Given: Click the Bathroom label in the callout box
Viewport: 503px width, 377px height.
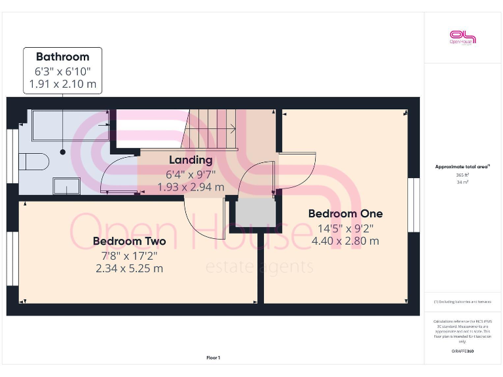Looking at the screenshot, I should [x=63, y=57].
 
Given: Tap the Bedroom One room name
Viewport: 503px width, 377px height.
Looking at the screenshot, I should [x=345, y=214].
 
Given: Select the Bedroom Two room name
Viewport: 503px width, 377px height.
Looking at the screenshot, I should [x=129, y=242].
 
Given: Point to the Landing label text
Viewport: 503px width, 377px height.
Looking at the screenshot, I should [x=191, y=160].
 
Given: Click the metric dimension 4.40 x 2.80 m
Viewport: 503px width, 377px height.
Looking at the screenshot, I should [x=345, y=241].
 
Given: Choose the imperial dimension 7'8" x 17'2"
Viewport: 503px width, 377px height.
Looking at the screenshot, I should [x=129, y=255].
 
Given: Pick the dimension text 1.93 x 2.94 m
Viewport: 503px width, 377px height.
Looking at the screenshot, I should [x=191, y=187].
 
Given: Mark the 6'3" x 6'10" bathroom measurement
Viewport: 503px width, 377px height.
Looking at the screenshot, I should [x=63, y=71].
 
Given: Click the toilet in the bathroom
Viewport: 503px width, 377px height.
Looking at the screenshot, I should [x=32, y=161].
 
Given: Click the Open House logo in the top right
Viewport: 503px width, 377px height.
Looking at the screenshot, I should [x=462, y=37].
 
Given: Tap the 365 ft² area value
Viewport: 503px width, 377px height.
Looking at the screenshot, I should [x=462, y=175].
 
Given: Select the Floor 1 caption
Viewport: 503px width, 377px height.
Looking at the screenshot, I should [x=214, y=357].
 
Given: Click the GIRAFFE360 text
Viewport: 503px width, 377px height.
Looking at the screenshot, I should [x=462, y=352].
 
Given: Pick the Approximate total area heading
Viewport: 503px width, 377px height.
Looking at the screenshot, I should [x=462, y=167].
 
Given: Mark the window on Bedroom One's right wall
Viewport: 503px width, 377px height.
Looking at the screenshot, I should [x=413, y=204].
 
